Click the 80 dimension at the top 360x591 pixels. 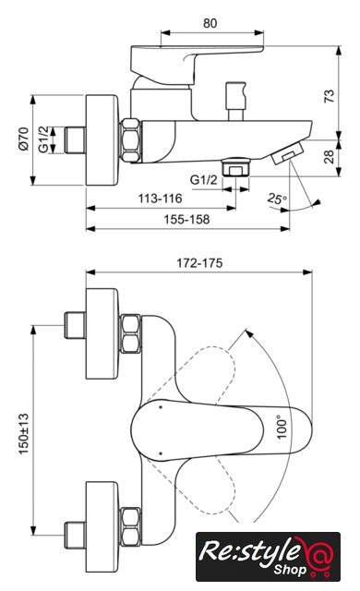[210, 23]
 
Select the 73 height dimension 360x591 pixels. [330, 96]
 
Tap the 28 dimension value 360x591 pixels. [330, 156]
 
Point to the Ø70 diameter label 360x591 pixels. [23, 139]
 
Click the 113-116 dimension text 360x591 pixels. [160, 199]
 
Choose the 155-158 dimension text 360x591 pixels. [186, 219]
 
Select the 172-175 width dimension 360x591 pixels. [199, 262]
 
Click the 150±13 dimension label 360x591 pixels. [23, 434]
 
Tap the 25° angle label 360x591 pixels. [277, 199]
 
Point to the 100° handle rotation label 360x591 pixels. [282, 427]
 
